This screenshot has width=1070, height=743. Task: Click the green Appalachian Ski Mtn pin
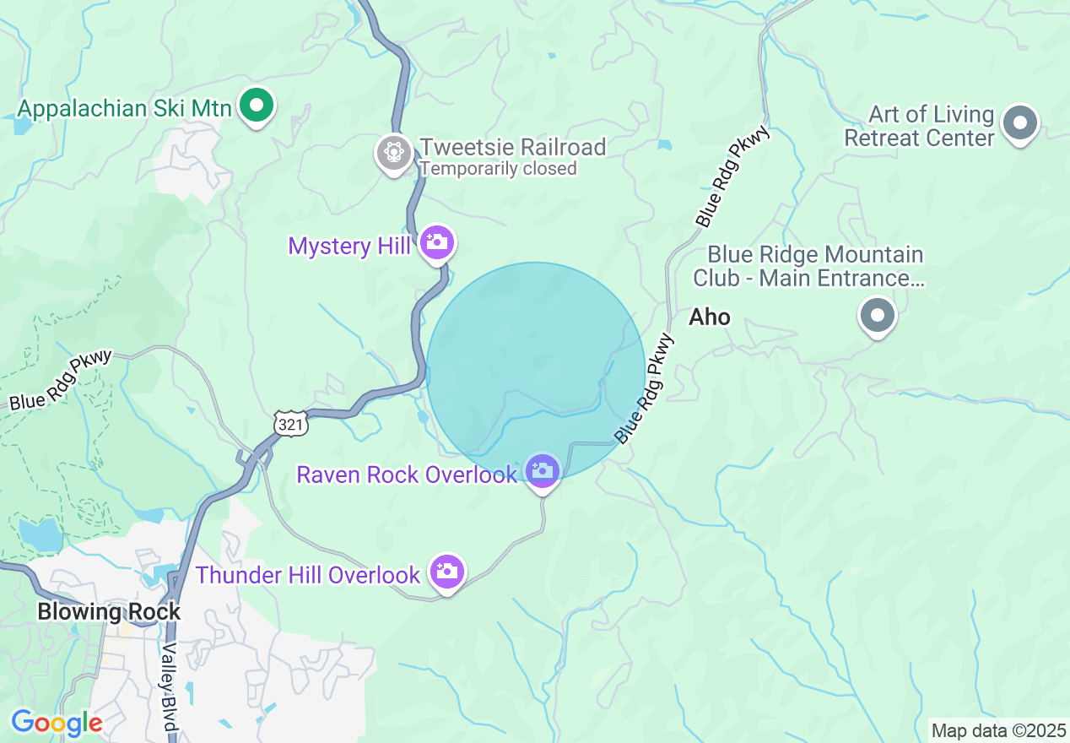(257, 107)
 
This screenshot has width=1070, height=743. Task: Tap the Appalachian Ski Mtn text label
(125, 109)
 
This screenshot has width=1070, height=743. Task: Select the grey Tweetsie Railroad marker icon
(393, 153)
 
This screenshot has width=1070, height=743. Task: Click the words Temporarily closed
(498, 169)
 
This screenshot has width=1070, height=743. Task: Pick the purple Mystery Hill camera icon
(436, 242)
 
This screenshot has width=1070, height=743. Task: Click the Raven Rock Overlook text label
(406, 475)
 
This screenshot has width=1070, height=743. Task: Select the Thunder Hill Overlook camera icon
(446, 572)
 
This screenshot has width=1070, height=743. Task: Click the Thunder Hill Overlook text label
(308, 576)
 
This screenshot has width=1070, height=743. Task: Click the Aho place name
(710, 317)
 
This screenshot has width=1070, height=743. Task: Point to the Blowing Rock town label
(109, 612)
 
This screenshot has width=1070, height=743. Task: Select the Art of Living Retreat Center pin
(1020, 122)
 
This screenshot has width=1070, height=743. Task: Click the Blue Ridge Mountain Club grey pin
(877, 316)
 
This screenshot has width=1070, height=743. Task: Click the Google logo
(57, 723)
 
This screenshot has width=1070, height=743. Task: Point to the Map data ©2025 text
(997, 729)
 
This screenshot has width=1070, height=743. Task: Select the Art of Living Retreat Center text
(919, 126)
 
